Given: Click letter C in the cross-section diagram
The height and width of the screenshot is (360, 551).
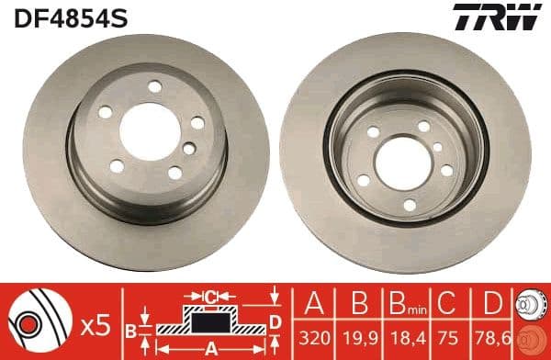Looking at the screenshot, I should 210,297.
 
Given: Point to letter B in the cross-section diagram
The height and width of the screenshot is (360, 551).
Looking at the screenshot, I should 132,329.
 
